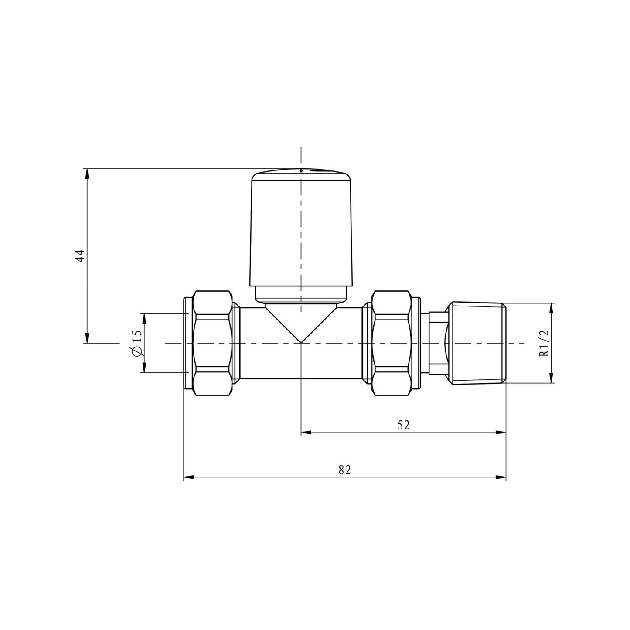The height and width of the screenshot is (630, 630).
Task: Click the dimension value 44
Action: point(79,255)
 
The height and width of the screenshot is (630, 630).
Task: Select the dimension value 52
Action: point(404,425)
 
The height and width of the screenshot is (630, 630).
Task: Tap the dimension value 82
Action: point(344,470)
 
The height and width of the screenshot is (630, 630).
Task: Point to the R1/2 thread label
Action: point(544,343)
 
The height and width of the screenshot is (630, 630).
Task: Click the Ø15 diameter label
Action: point(136,344)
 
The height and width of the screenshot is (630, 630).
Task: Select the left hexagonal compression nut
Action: point(212,343)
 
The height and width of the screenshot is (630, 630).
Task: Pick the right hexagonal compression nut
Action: point(391,343)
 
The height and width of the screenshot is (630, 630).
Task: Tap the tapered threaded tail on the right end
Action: point(477,343)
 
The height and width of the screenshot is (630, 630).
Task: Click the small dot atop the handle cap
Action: point(301,170)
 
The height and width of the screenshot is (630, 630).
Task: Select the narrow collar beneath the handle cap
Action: point(301,294)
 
